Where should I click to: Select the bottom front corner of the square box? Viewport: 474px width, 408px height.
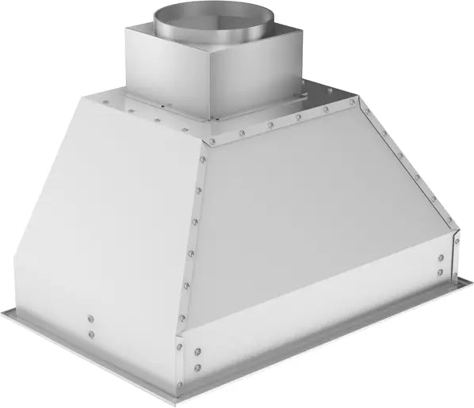[x=211, y=120]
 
